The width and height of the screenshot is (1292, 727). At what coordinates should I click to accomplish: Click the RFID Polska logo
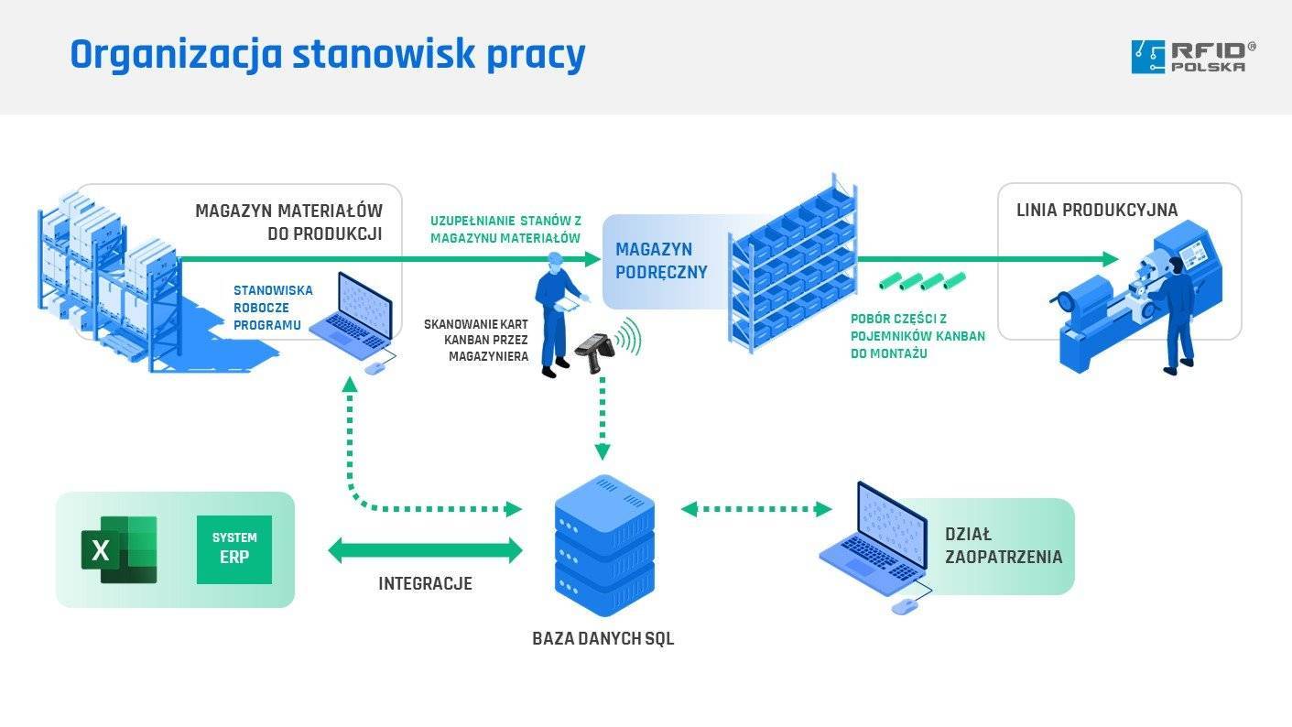click(x=1193, y=56)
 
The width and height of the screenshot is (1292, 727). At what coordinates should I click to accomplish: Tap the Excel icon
click(x=119, y=549)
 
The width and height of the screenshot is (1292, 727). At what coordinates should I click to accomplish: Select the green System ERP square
click(x=234, y=549)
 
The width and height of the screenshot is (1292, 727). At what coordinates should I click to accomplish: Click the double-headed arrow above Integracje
click(x=425, y=550)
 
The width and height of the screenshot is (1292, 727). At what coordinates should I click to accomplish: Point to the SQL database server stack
click(x=604, y=546)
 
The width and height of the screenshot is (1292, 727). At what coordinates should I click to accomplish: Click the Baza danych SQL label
click(x=603, y=639)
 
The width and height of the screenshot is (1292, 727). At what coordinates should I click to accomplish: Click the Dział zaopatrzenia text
click(x=1004, y=546)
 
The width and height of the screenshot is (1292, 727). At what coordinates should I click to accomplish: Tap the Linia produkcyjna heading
click(x=1097, y=211)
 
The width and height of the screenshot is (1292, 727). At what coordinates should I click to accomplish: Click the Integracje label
click(x=425, y=583)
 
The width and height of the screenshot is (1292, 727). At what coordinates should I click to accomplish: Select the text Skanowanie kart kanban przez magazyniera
click(x=476, y=340)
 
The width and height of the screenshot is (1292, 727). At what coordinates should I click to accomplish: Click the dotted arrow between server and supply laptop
click(x=756, y=508)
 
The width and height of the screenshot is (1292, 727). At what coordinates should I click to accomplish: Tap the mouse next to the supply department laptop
click(x=903, y=606)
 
